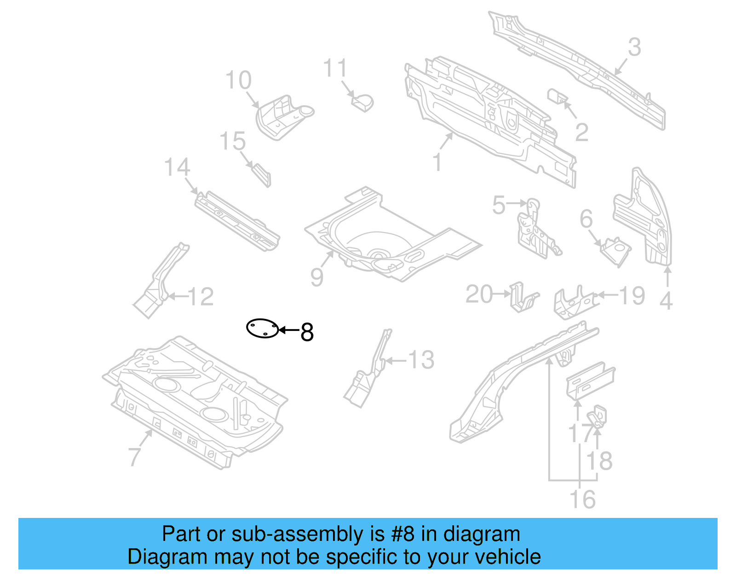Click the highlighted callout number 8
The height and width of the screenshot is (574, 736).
[307, 332]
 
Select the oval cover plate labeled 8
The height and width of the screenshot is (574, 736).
[263, 328]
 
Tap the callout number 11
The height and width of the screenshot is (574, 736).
[335, 69]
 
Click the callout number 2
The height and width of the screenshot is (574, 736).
[582, 133]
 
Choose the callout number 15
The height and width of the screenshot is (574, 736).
[233, 141]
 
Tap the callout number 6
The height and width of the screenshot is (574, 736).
[586, 219]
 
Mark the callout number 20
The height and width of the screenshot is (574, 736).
[479, 294]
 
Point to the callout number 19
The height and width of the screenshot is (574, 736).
[632, 296]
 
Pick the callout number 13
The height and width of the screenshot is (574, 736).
[421, 360]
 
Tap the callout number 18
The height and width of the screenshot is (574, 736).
[600, 461]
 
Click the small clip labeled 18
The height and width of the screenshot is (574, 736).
[598, 416]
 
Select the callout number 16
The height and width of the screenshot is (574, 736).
[582, 500]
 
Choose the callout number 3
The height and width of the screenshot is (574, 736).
[635, 47]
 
